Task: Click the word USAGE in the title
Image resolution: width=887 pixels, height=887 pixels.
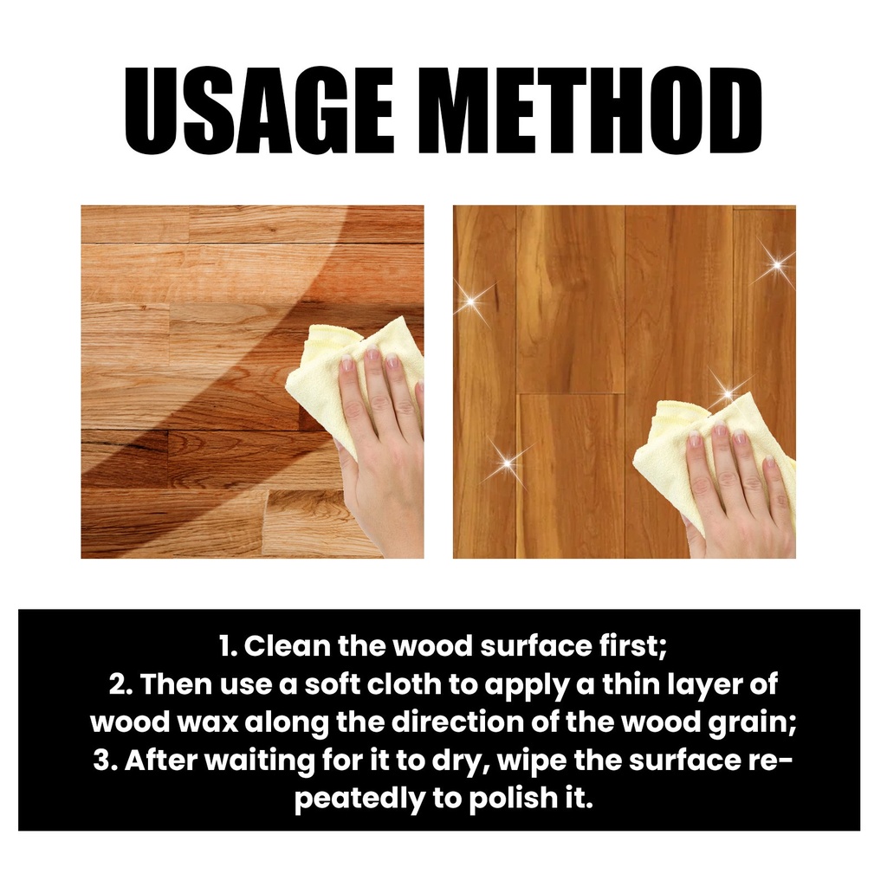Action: (259, 112)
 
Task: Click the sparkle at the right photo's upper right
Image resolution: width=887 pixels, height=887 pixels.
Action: (777, 264)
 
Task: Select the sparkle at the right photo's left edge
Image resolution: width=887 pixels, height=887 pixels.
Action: (471, 301)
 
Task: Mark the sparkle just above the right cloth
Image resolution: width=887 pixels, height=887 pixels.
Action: (728, 394)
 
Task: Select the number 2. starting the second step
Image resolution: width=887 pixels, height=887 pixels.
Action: (120, 684)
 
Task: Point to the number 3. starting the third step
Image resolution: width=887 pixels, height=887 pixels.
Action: (105, 761)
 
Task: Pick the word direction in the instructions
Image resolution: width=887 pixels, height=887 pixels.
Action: (458, 722)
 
